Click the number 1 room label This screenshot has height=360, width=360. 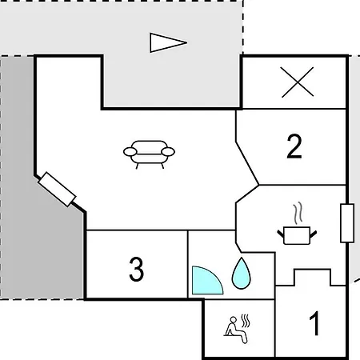(314, 323)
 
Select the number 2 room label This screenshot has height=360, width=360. (294, 146)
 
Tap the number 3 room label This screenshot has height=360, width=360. (136, 269)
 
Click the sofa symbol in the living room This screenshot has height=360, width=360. (149, 154)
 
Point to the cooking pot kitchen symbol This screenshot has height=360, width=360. (297, 235)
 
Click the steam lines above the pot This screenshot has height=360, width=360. (298, 213)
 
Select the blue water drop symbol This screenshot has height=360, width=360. (241, 274)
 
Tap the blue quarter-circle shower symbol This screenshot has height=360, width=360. (206, 281)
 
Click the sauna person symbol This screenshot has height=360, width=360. (237, 329)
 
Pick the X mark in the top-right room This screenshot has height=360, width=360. (298, 82)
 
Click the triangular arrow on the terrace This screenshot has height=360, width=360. (168, 42)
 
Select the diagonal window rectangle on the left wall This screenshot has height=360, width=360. (57, 190)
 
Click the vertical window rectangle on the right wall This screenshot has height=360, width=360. (347, 223)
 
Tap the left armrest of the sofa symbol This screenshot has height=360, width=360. (130, 152)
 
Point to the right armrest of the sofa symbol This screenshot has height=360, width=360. (168, 152)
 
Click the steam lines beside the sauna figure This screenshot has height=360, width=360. (246, 321)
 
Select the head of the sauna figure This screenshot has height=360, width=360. (234, 320)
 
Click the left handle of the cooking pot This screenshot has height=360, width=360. (281, 234)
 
